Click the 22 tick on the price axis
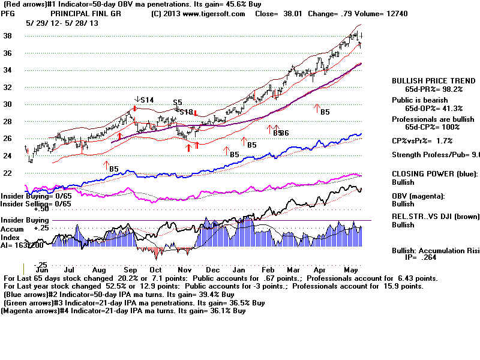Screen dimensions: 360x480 pos(8,173)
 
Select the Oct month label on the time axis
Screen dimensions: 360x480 pos(155,269)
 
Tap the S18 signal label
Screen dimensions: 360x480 pos(187,112)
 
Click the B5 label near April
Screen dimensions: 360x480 pos(325,112)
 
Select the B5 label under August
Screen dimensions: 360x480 pos(113,169)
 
